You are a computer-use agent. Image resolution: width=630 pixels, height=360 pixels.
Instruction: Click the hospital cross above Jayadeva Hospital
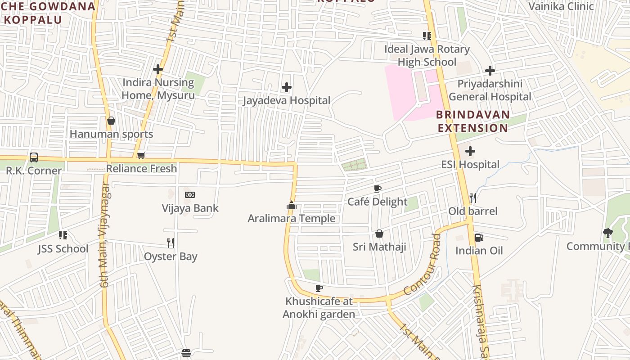[287, 87]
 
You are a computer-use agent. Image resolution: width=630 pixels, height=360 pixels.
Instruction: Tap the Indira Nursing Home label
[158, 89]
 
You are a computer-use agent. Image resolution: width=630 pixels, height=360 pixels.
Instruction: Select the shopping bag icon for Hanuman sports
[111, 121]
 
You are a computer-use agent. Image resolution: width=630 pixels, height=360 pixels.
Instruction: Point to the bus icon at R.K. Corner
[34, 157]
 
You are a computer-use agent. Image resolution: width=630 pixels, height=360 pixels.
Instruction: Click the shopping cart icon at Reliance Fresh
[141, 156]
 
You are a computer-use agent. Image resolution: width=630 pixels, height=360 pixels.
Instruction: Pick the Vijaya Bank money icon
[190, 195]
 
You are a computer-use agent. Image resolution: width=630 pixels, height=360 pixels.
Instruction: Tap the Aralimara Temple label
[292, 219]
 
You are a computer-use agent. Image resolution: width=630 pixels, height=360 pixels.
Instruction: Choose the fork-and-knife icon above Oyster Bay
[171, 243]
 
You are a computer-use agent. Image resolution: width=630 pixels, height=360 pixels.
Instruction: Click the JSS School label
[63, 249]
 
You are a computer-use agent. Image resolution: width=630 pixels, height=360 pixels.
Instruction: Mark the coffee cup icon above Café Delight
[378, 189]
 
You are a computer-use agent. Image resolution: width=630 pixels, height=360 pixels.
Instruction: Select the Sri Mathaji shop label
[379, 247]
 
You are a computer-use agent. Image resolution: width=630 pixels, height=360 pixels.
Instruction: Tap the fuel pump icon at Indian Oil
[479, 237]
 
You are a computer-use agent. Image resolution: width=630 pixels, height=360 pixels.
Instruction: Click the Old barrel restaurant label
[473, 211]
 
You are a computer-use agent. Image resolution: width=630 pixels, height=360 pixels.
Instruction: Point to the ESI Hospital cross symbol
[470, 151]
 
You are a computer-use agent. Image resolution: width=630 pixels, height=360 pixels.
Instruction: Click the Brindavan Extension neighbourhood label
[473, 121]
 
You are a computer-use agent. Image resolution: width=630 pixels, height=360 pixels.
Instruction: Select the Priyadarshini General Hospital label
[490, 90]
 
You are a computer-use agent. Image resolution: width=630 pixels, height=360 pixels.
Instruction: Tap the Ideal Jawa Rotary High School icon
[427, 36]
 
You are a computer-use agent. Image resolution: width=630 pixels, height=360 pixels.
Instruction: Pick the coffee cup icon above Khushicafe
[319, 288]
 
